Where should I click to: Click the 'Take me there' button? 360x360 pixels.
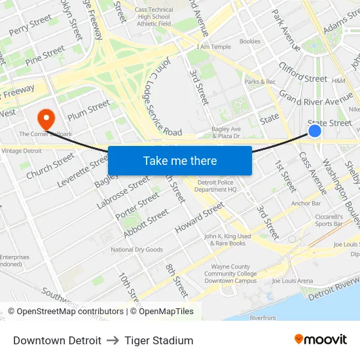point(179,161)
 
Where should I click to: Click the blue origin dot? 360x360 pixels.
point(315,132)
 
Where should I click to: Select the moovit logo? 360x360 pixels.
point(320,339)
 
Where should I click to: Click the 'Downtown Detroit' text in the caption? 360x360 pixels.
point(57,340)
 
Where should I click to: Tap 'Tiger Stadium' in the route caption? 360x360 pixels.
point(159,340)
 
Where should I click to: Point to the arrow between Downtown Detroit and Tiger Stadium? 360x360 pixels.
point(113,340)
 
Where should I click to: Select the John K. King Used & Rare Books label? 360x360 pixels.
point(227,240)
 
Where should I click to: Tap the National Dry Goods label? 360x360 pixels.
point(136,249)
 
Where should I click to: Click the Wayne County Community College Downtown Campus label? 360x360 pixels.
point(230,274)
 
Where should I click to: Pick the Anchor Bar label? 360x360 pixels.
point(306,204)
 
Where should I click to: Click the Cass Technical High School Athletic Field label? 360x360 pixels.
point(154,16)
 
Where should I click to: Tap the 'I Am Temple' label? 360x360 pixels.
point(213,47)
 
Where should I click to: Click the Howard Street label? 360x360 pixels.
point(200,219)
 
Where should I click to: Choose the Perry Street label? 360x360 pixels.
point(30,26)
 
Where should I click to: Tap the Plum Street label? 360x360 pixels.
point(88,109)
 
